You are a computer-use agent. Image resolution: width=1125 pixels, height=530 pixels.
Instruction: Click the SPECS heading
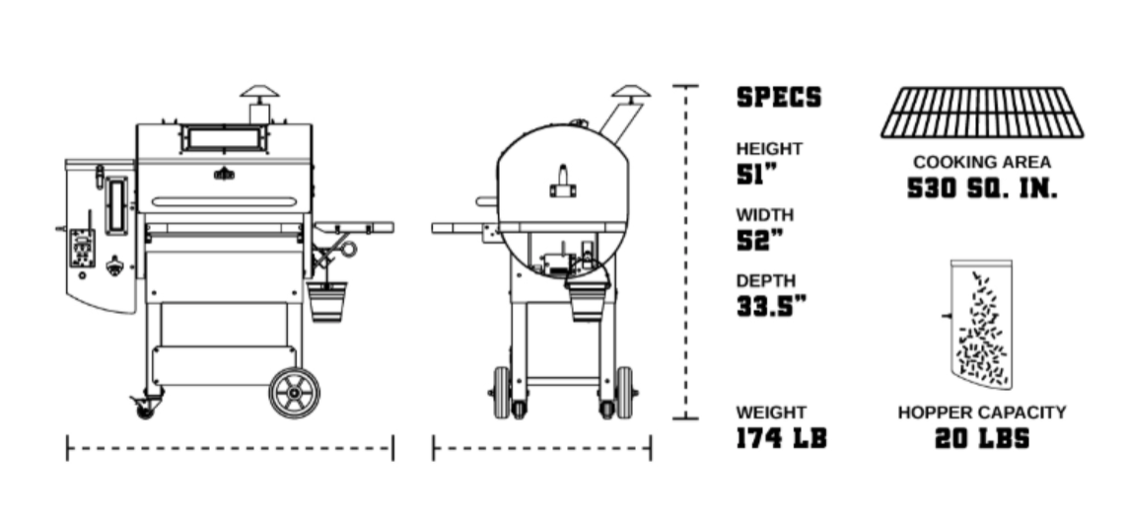click(779, 98)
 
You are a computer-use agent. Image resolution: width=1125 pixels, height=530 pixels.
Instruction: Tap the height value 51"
click(756, 176)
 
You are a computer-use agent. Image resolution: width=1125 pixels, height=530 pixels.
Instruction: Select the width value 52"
click(757, 241)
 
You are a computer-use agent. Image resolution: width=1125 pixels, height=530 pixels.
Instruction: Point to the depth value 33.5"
click(771, 307)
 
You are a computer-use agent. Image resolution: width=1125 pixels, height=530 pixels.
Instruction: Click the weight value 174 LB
click(782, 438)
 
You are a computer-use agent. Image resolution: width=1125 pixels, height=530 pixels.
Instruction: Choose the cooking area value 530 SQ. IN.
click(982, 189)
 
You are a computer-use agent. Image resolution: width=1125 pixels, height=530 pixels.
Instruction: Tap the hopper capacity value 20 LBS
click(981, 438)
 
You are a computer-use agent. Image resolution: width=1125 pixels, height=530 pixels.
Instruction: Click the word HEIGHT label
click(769, 149)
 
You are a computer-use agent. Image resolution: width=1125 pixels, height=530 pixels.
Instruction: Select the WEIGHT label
click(771, 413)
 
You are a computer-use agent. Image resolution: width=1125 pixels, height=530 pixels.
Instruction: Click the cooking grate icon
click(982, 113)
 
